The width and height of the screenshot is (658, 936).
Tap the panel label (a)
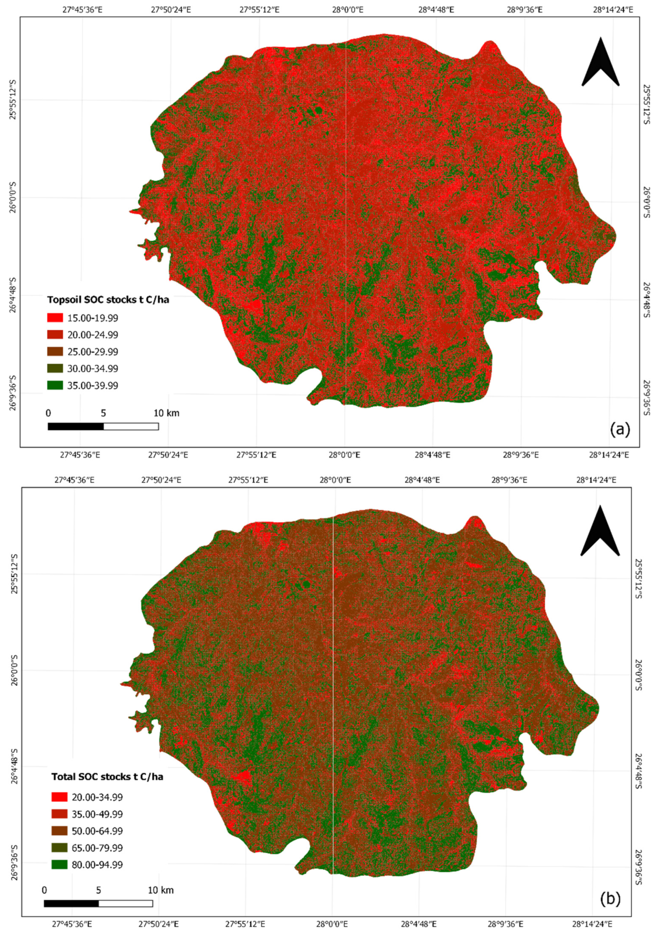pos(620,429)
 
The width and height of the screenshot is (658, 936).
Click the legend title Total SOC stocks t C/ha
pos(107,765)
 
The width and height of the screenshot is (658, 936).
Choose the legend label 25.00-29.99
pos(94,352)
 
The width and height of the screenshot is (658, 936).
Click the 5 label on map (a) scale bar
pos(103,413)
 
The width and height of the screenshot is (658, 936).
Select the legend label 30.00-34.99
pos(94,369)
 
